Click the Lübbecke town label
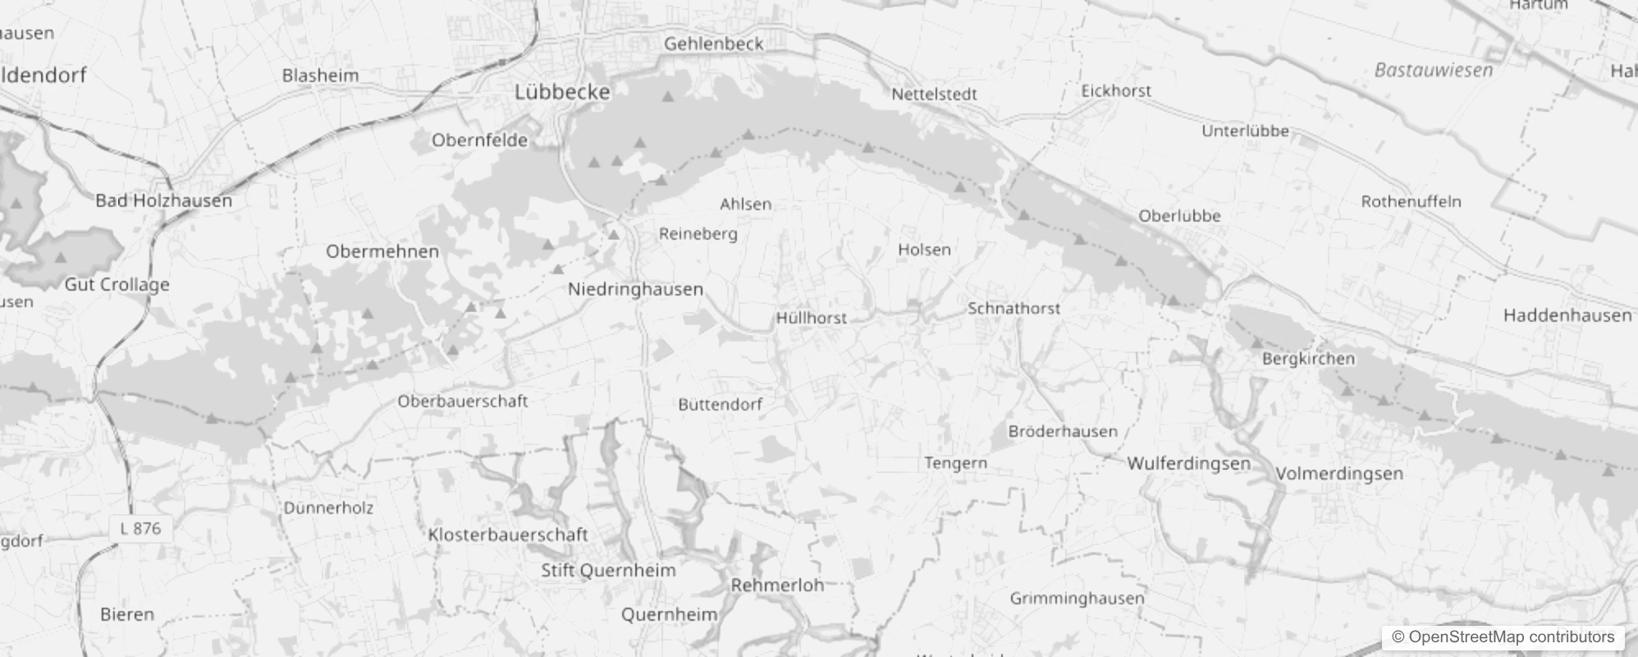(562, 92)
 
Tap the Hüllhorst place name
(811, 318)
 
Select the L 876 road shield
(140, 528)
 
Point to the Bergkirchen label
(1308, 359)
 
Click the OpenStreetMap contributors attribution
(1503, 636)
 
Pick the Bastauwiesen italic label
(1433, 71)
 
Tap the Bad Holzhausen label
(163, 200)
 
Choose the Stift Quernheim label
(608, 570)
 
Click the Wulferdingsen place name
(1188, 463)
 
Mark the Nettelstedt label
(934, 94)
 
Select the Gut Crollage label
(117, 285)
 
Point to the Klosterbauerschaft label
(508, 535)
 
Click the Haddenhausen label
(1567, 315)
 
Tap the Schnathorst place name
(1013, 309)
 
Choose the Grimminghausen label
(1076, 598)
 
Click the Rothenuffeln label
(1411, 201)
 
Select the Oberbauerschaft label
(462, 402)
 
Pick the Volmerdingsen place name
(1338, 474)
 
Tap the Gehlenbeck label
(713, 44)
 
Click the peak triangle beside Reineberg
(613, 235)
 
